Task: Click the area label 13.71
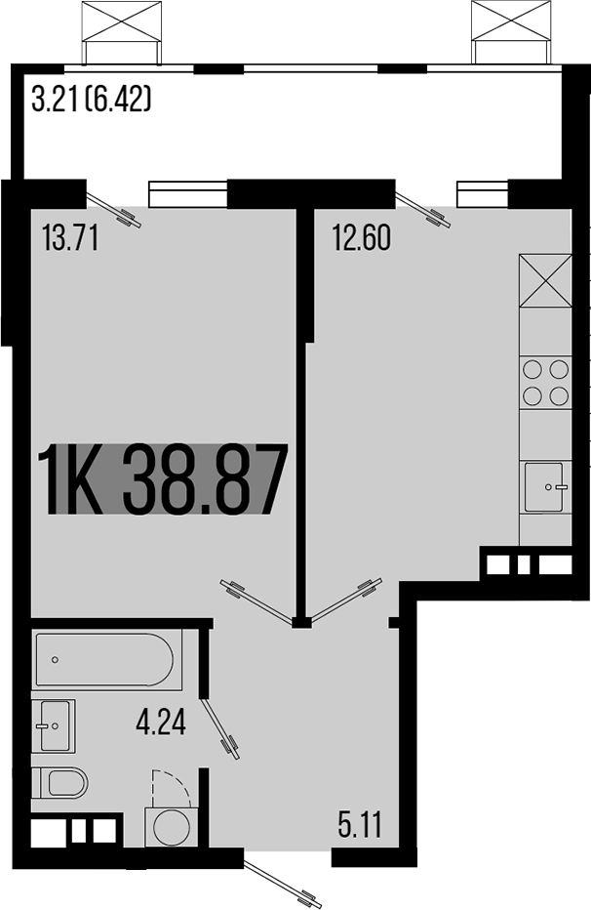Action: pos(71,238)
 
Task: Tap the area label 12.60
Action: pos(362,238)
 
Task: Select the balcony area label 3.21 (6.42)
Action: pos(91,101)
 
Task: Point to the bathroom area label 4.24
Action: pos(161,724)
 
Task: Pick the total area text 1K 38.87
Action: pos(162,480)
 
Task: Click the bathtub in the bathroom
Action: pos(104,660)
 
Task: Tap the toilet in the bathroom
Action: pos(59,782)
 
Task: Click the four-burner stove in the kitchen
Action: pos(545,382)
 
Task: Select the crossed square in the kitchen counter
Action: pos(545,279)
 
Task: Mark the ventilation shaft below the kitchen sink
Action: pos(528,564)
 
